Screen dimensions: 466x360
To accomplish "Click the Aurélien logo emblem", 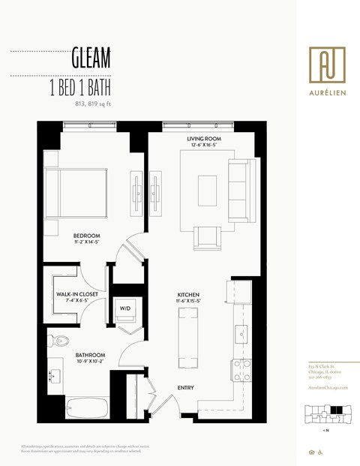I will tap(328, 65).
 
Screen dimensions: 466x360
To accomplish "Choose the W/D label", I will tap(125, 308).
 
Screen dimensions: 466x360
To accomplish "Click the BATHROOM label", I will tap(89, 354).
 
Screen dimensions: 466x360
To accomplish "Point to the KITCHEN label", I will tap(187, 294).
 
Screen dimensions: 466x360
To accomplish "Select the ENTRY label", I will tap(186, 387).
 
